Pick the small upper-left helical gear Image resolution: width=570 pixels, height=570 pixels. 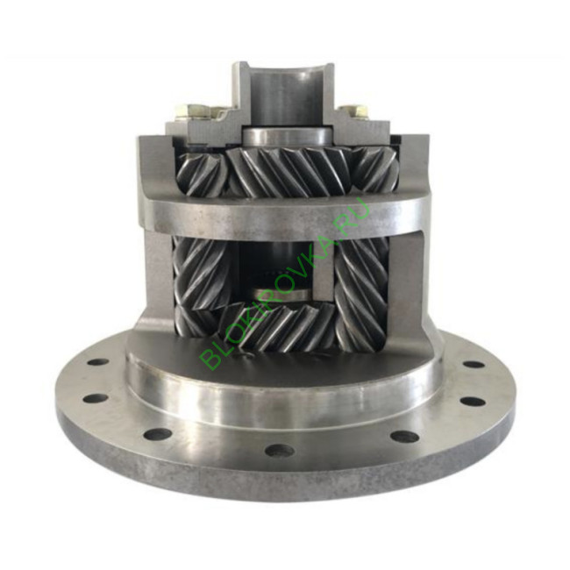tap(200, 172)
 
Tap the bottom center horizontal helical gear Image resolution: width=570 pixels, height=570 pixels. tap(278, 326)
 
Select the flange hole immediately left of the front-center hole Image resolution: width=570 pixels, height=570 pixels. tap(158, 433)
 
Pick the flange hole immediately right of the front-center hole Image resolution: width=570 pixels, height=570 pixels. tap(404, 436)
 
